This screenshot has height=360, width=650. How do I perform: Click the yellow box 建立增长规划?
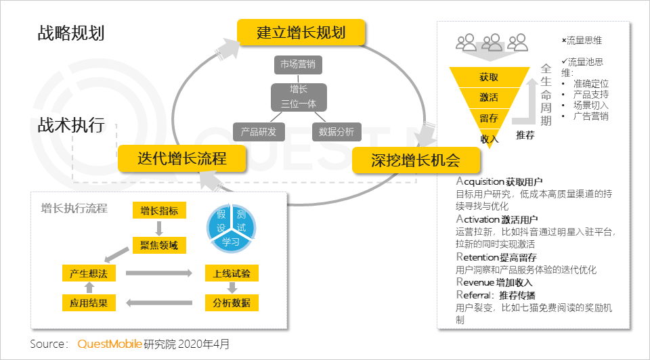point(301,32)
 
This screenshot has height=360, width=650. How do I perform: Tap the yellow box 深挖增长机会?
point(416,160)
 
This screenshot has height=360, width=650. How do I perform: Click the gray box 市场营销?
point(297,65)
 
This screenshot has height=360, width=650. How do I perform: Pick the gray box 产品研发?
point(259,131)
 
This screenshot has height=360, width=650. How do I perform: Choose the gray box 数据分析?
point(337,131)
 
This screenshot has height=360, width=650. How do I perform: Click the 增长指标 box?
point(159,210)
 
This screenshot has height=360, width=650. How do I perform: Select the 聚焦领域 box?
point(159,244)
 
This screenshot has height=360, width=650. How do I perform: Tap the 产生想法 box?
point(89,273)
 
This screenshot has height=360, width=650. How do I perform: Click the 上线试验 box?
point(232,273)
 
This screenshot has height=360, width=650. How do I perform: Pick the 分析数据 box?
point(232,302)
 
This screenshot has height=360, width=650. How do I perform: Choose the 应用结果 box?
point(89,302)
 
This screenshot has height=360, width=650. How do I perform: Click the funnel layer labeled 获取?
point(489,77)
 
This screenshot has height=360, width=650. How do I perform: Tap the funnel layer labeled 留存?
point(489,118)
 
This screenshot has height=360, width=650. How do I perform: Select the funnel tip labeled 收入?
point(489,138)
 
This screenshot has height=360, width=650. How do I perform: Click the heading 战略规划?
point(70,33)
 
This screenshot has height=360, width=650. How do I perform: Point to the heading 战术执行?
point(70,125)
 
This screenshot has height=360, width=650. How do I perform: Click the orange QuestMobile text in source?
point(110,344)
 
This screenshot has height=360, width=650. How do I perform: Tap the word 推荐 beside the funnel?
point(525,135)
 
